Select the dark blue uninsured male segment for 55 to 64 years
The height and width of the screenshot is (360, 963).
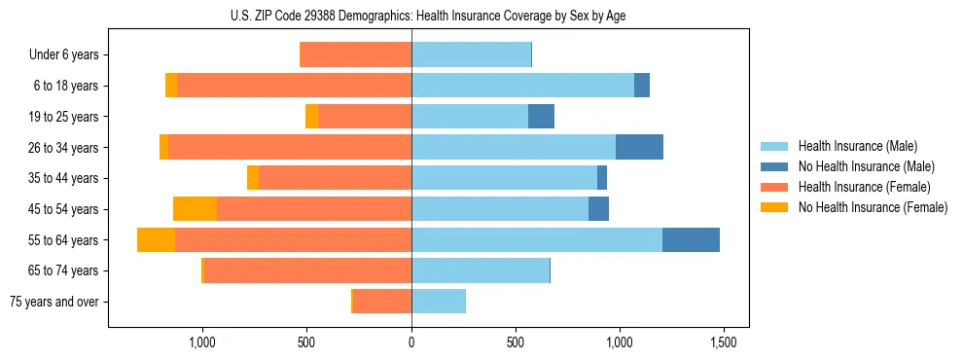pyautogui.click(x=691, y=239)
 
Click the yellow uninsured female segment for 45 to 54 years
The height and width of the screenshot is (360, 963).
pyautogui.click(x=195, y=208)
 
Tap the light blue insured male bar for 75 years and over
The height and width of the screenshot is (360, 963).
pyautogui.click(x=439, y=302)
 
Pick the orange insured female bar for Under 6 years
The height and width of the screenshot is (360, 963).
pyautogui.click(x=356, y=54)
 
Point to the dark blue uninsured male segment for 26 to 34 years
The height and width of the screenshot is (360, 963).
pyautogui.click(x=639, y=147)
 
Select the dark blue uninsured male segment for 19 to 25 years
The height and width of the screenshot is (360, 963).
pyautogui.click(x=541, y=116)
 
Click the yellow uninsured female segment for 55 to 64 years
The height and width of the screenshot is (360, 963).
pyautogui.click(x=156, y=239)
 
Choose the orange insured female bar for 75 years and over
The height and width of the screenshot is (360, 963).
pyautogui.click(x=382, y=302)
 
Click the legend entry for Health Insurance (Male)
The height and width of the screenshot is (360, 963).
pyautogui.click(x=857, y=146)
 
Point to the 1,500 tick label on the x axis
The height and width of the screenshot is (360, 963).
pyautogui.click(x=722, y=343)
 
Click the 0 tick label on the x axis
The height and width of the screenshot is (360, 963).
pyautogui.click(x=411, y=343)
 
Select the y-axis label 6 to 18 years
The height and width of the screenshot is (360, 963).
pyautogui.click(x=66, y=86)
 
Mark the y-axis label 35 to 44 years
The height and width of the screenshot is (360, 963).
pyautogui.click(x=63, y=178)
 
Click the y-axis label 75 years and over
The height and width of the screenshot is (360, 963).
pyautogui.click(x=53, y=302)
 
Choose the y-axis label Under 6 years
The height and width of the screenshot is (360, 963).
pyautogui.click(x=64, y=54)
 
